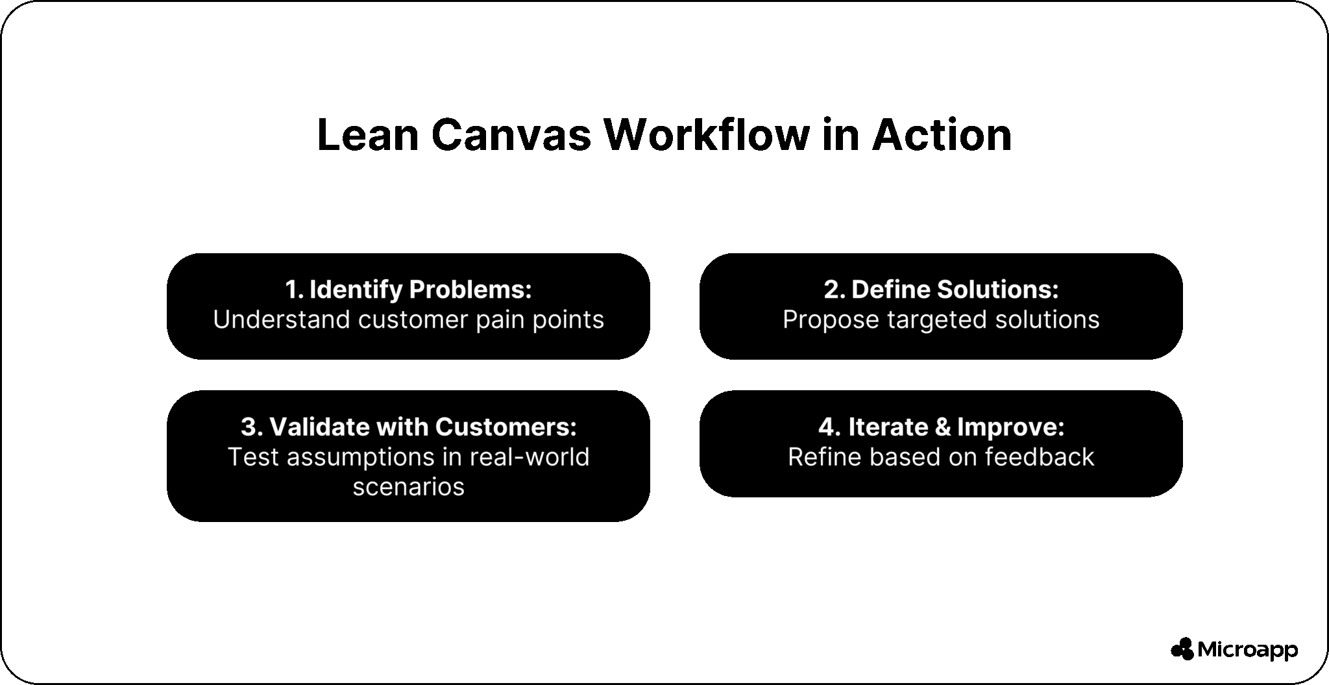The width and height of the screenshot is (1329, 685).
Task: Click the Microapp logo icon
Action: (1182, 649)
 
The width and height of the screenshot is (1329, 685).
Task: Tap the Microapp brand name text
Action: (1247, 649)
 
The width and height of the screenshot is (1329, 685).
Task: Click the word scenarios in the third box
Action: (409, 486)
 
